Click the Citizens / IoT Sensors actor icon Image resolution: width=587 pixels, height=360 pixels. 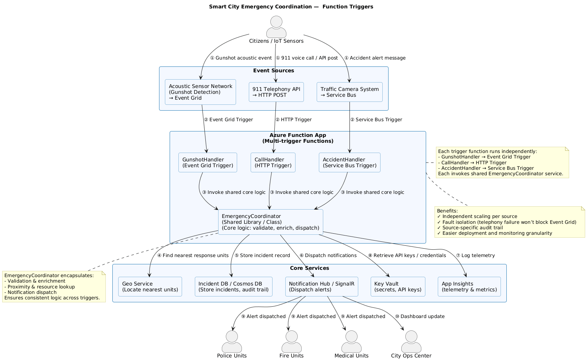click(x=276, y=27)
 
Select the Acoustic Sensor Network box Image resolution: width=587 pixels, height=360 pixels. click(x=200, y=92)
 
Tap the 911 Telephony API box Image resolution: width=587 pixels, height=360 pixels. click(x=276, y=92)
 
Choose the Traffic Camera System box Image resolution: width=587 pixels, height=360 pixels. click(x=350, y=92)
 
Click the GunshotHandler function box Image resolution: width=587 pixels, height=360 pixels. click(x=208, y=162)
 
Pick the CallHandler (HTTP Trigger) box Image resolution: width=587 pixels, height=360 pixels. click(x=273, y=162)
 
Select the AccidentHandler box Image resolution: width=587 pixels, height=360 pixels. click(x=350, y=162)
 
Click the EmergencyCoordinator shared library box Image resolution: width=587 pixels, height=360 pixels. click(x=270, y=222)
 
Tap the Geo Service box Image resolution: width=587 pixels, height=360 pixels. click(x=150, y=287)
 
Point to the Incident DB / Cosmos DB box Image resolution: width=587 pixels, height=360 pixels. click(x=233, y=287)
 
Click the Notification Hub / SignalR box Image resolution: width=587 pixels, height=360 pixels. click(x=321, y=287)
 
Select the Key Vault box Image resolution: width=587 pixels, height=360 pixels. click(x=398, y=287)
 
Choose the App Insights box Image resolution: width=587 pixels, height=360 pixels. click(x=469, y=287)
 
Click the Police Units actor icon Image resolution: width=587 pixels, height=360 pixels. click(x=232, y=342)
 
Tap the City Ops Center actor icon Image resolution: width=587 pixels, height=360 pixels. click(x=411, y=342)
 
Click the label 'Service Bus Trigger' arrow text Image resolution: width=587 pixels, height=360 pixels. click(x=376, y=120)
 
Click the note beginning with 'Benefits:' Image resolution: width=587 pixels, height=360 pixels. click(x=510, y=222)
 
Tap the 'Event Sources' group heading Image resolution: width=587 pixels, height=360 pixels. click(x=274, y=70)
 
